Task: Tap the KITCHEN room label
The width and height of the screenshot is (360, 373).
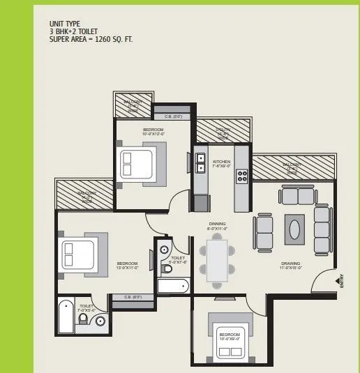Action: coord(221,164)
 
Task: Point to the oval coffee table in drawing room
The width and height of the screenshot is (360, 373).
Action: coord(296,229)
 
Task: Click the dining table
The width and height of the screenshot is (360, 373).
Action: coord(217,259)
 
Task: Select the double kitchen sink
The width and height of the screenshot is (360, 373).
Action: coord(200,163)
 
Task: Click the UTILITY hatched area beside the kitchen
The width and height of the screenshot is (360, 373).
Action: coord(223,130)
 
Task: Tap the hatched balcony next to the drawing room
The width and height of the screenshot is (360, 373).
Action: coord(292,167)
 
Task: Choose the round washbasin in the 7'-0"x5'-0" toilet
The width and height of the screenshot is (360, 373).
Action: coord(100,321)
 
